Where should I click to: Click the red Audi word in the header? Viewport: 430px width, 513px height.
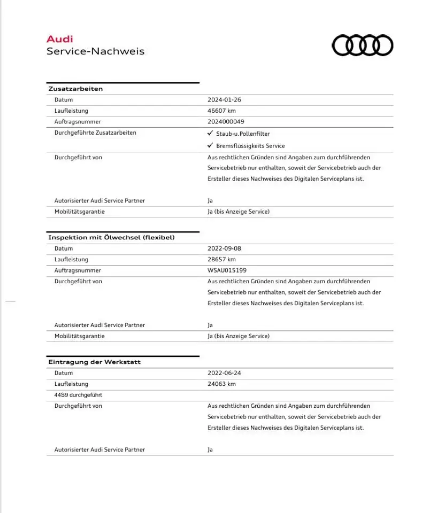(60, 39)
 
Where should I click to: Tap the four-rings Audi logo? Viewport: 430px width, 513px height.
(363, 45)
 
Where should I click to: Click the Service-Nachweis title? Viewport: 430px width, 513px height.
(95, 51)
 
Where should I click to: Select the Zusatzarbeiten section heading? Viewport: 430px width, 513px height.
(75, 89)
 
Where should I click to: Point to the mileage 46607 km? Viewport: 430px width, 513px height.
(221, 111)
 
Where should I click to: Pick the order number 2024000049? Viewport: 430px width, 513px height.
(226, 122)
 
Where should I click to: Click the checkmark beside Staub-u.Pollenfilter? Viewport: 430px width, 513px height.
(210, 133)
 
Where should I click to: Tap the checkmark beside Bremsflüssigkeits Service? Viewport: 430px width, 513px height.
(210, 145)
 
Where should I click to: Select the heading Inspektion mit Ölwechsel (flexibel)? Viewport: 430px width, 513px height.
(111, 237)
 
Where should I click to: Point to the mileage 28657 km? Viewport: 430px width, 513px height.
(221, 260)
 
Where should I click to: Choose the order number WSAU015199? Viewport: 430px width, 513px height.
(227, 270)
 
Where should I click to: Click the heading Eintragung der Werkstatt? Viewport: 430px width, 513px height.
(95, 362)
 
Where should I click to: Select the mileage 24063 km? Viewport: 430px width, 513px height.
(221, 384)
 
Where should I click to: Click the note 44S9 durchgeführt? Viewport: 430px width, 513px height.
(78, 395)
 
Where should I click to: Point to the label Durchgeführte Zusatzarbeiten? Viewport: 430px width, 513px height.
(95, 133)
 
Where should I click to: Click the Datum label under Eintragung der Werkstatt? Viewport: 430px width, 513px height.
(64, 373)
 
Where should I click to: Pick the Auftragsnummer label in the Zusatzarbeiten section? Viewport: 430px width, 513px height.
(78, 122)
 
